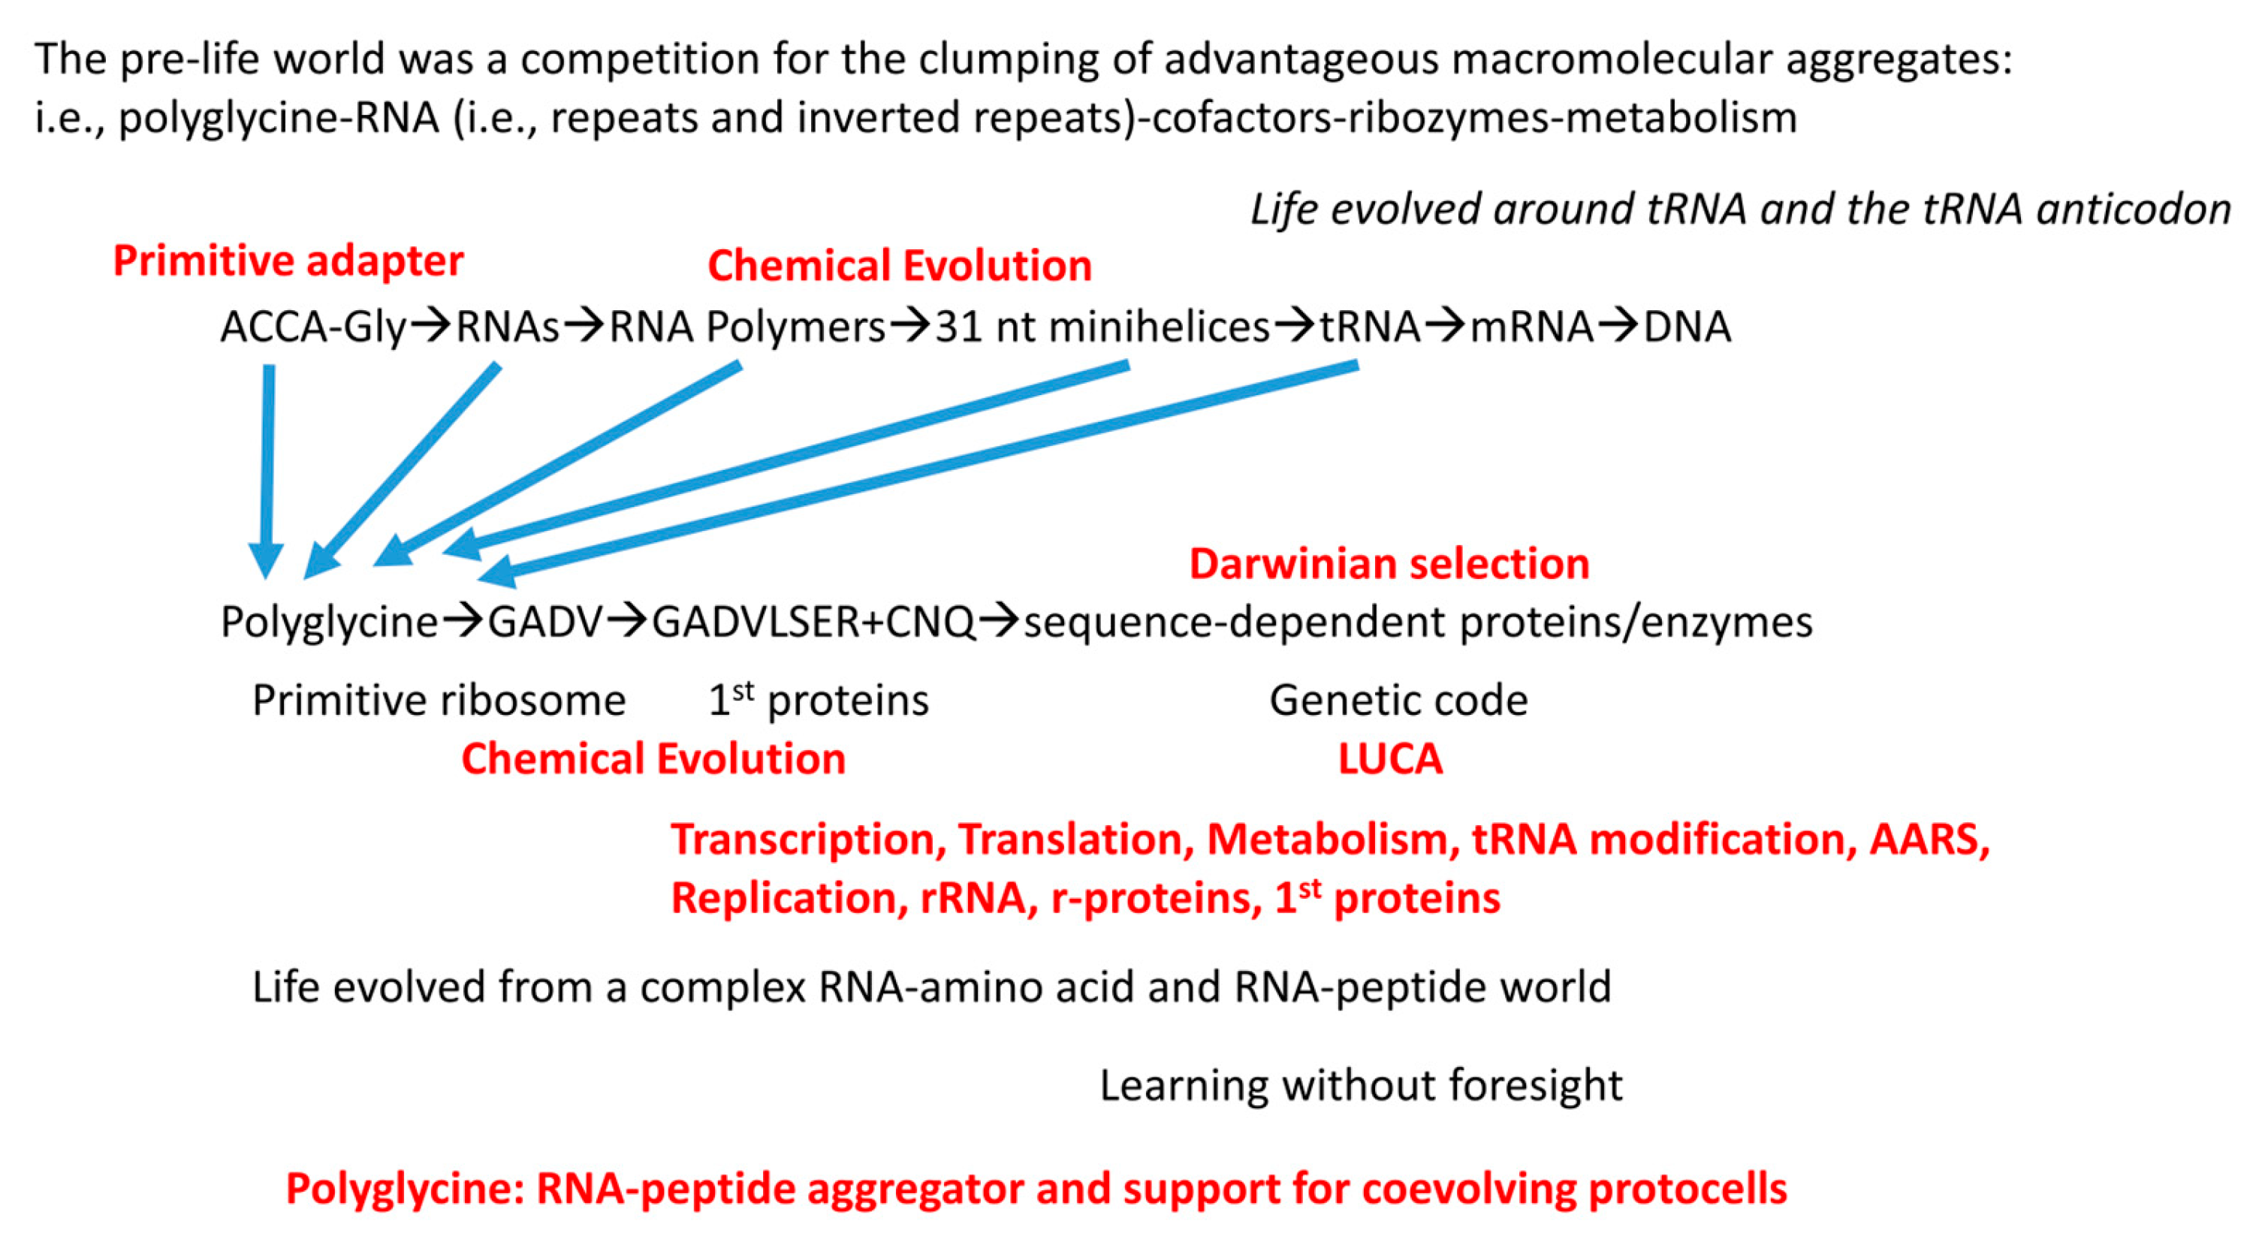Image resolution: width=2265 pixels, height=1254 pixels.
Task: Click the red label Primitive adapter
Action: [x=288, y=261]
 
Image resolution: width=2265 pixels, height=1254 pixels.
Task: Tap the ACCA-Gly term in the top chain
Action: [x=313, y=327]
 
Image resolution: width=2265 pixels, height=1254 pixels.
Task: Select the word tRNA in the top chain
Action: [x=1369, y=327]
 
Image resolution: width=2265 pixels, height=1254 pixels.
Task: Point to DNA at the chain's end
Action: [x=1687, y=327]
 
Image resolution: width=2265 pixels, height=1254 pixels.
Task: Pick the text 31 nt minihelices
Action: [x=1102, y=327]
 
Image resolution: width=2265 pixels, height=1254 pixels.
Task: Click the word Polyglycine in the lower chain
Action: [x=329, y=622]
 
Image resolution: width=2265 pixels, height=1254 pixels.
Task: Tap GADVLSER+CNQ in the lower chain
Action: [x=813, y=622]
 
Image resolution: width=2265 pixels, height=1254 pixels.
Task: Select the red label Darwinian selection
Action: [x=1389, y=565]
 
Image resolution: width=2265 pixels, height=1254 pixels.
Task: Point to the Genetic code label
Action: [x=1398, y=701]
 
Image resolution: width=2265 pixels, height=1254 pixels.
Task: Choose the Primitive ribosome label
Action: [x=439, y=701]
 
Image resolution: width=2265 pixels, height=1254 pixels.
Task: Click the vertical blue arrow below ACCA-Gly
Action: [x=267, y=466]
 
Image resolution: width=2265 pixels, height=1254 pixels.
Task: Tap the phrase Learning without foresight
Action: [x=1360, y=1085]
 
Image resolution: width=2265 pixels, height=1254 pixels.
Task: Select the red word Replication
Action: [x=789, y=898]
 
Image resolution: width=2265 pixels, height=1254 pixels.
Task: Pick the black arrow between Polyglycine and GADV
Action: [x=463, y=622]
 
